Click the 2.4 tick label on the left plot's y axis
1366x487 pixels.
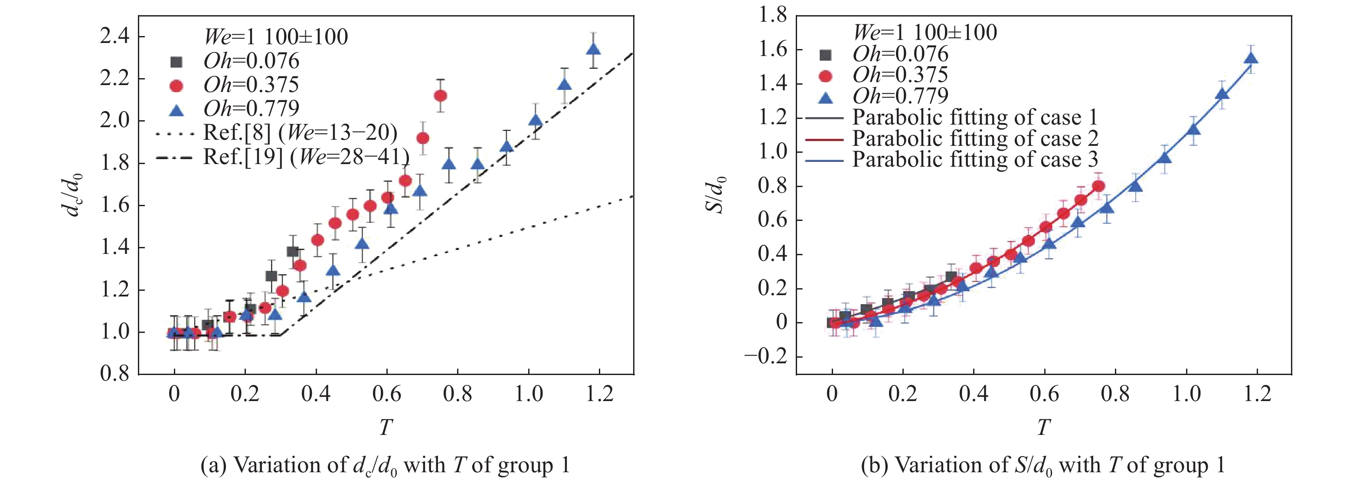tap(114, 36)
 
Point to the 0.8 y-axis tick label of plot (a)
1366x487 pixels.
tap(114, 374)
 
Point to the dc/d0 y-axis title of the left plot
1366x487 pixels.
tap(73, 195)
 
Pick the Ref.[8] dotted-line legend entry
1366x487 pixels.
tap(300, 133)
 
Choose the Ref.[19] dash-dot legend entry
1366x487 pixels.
tap(306, 157)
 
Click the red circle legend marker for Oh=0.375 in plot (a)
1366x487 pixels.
tap(176, 86)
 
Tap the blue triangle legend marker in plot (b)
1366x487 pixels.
tap(825, 97)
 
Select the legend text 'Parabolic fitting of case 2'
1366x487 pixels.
tap(975, 139)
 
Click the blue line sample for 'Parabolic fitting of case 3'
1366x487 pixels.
tap(824, 160)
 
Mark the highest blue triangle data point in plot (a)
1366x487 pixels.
tap(593, 49)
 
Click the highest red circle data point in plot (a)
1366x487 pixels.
tap(440, 95)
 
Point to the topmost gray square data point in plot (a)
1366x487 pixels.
tap(292, 251)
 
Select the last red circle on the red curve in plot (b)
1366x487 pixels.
tap(1099, 186)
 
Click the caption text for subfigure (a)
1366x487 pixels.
tap(385, 465)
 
